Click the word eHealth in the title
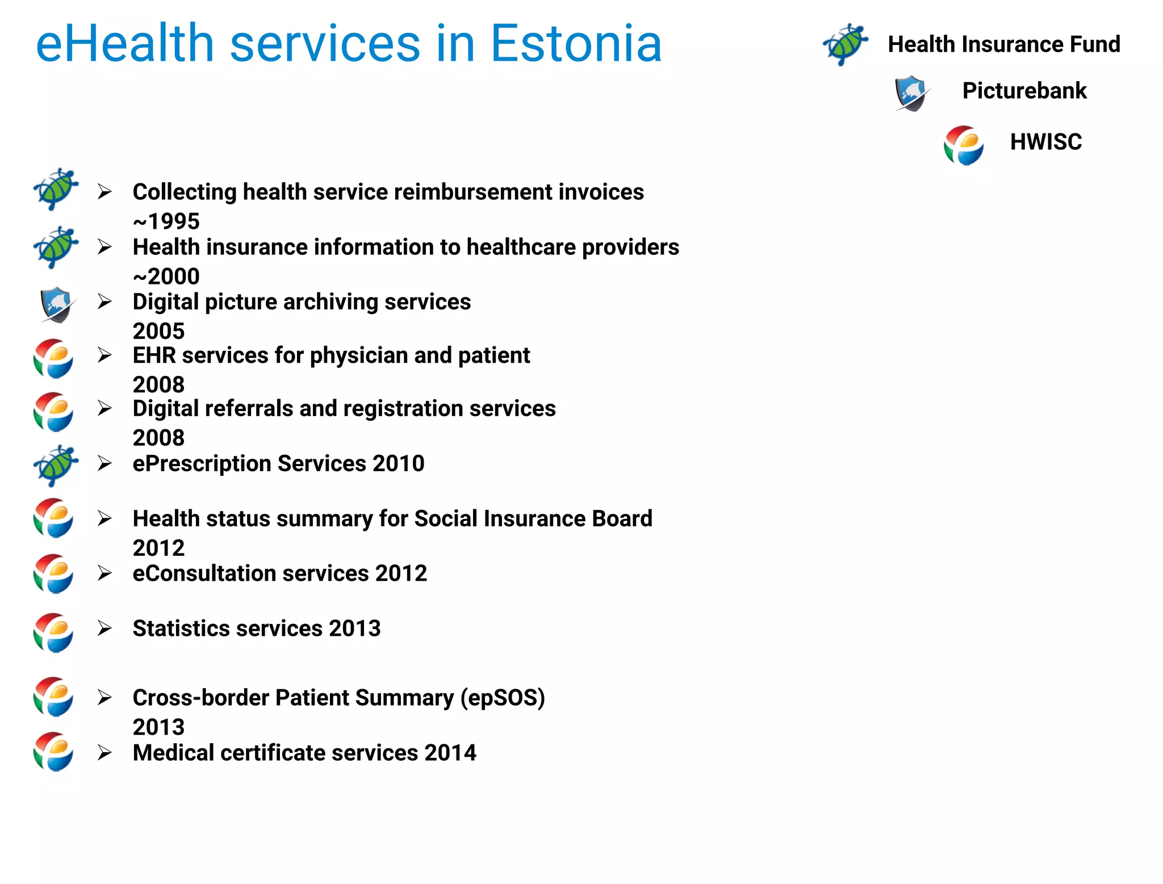point(124,44)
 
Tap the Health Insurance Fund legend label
point(1003,44)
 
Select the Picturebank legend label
point(1024,91)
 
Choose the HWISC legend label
point(1045,142)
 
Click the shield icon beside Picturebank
point(911,93)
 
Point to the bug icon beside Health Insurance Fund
point(845,44)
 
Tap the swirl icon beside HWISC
point(963,145)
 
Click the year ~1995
point(166,221)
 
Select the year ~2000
point(166,276)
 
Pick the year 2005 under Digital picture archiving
point(158,331)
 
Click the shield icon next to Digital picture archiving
point(56,304)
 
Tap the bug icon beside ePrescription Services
point(55,466)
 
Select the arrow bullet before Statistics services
point(104,628)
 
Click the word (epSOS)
point(502,698)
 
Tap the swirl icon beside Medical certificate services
point(53,752)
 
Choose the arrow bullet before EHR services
point(104,355)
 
